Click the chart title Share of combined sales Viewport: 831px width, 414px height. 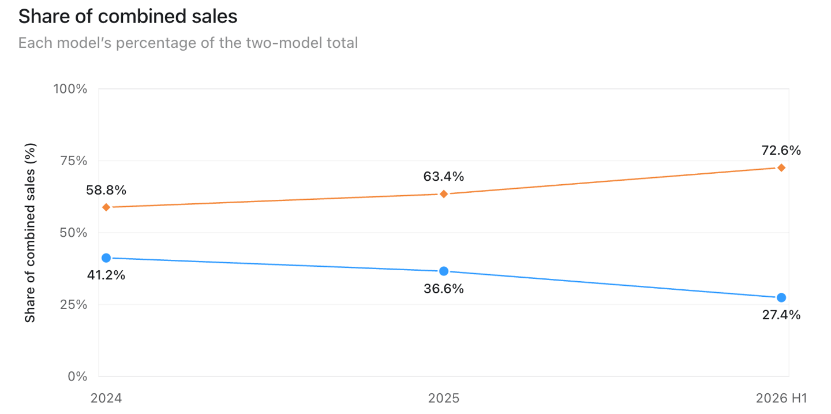[x=128, y=17]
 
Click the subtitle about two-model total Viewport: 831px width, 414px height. [x=188, y=43]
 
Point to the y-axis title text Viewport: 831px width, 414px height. [x=29, y=233]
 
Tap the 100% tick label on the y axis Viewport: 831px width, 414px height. [x=70, y=89]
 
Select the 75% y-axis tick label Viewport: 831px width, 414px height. [x=73, y=161]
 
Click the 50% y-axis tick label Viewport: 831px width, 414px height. [x=73, y=233]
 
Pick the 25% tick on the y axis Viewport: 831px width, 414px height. [x=73, y=305]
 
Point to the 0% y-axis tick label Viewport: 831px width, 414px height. [x=77, y=376]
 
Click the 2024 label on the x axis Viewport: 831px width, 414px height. [x=106, y=398]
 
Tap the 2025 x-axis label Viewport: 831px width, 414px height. [x=444, y=398]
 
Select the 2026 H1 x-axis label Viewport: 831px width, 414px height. [x=781, y=398]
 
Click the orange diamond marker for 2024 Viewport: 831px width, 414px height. [x=106, y=207]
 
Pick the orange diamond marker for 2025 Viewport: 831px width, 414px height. [x=444, y=194]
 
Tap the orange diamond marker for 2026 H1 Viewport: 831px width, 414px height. [x=781, y=168]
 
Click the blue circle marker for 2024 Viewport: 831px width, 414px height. [x=106, y=258]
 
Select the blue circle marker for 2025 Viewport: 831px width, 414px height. [x=444, y=271]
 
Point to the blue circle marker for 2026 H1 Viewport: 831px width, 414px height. [x=781, y=297]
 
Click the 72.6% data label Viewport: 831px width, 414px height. [x=781, y=150]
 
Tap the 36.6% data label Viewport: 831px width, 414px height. [x=444, y=289]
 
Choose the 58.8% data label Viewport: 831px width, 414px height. [x=106, y=190]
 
